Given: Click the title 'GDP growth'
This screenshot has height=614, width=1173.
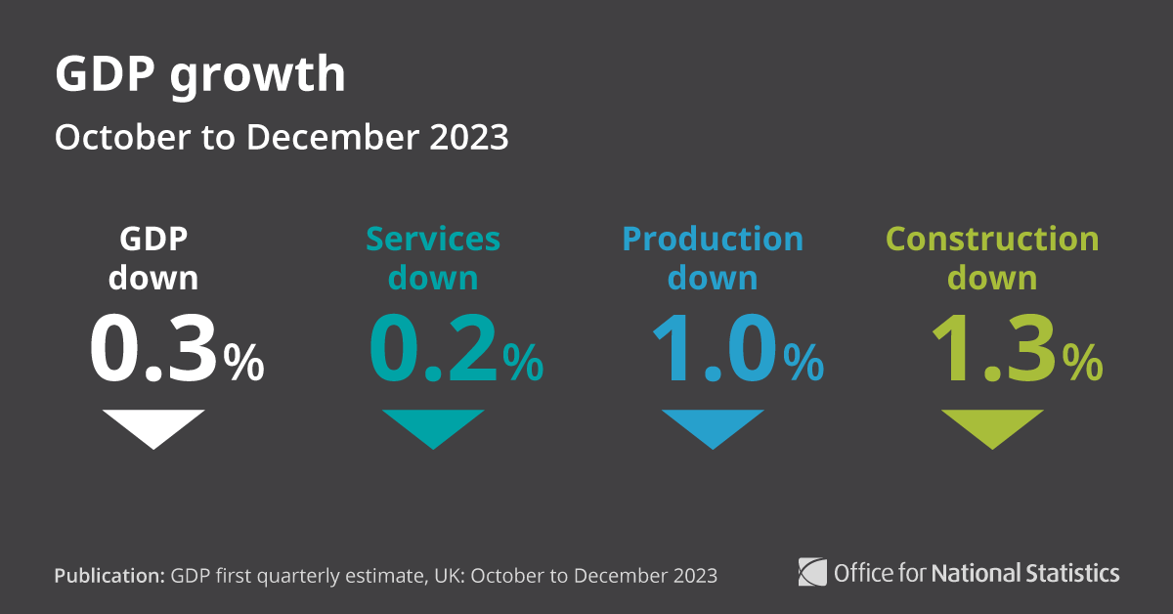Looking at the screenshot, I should [199, 76].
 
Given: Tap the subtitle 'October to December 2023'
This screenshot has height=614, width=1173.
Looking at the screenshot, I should [281, 138].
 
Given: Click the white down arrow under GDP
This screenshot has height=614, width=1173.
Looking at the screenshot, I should [153, 426].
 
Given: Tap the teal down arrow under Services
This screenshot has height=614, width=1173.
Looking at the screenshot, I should [433, 426].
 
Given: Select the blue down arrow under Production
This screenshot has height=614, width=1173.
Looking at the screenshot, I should [713, 426].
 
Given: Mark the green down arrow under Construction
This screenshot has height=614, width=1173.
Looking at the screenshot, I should [992, 426].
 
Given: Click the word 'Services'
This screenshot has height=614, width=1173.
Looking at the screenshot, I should [433, 240].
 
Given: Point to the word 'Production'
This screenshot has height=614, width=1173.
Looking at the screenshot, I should [713, 240].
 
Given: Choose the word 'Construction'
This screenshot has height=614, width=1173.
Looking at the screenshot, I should [992, 240].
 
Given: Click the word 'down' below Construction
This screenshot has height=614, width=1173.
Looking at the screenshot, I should [992, 279].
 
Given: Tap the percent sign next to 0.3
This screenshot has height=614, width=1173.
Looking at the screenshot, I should [243, 363].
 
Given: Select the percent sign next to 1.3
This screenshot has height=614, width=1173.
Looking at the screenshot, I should [1083, 363].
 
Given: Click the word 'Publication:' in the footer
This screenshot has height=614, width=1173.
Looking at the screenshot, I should [109, 575].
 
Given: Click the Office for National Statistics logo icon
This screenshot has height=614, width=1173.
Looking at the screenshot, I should [812, 571].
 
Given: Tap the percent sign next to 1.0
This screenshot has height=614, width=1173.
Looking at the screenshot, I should [804, 363].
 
